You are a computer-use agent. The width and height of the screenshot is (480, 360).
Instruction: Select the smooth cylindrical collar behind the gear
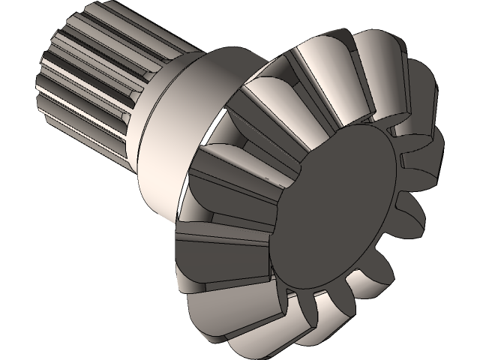tap(180, 112)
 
